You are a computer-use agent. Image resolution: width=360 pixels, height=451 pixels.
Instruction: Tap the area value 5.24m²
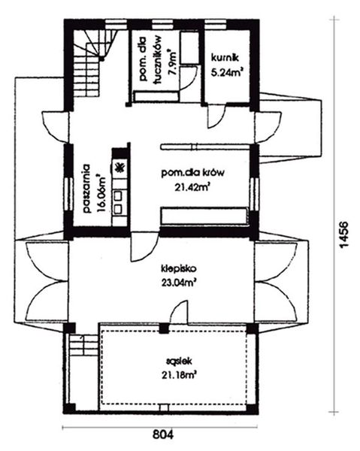click(x=228, y=74)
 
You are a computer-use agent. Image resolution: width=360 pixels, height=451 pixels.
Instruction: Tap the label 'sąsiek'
click(x=177, y=360)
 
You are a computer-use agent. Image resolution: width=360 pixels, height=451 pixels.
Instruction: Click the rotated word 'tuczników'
click(x=159, y=60)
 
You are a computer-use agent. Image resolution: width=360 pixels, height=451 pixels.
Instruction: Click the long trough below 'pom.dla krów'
click(x=205, y=216)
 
